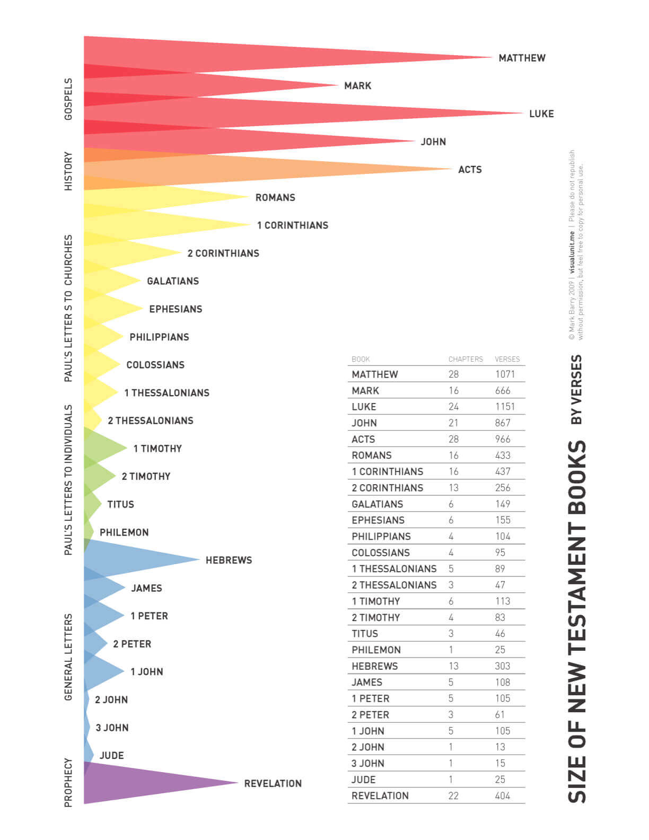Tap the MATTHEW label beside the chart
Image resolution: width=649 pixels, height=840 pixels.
[522, 58]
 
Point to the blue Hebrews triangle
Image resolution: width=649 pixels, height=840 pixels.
[133, 559]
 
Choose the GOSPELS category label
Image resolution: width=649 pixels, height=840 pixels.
[68, 99]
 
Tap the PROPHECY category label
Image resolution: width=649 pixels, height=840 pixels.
[68, 782]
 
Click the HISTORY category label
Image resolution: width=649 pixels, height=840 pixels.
[68, 171]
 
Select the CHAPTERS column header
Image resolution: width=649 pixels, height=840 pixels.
[466, 359]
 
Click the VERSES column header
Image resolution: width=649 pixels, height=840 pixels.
[507, 359]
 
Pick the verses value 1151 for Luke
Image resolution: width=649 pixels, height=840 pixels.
[505, 407]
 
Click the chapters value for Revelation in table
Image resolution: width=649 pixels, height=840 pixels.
[453, 795]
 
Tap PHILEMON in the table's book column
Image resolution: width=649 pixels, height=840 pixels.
[376, 650]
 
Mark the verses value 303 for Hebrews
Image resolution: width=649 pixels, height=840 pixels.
[502, 666]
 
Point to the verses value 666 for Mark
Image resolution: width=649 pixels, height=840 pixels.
[503, 390]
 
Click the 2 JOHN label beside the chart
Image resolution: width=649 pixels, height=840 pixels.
[111, 699]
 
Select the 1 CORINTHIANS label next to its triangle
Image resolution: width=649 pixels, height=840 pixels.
[293, 225]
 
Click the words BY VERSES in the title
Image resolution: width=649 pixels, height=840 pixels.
[576, 389]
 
